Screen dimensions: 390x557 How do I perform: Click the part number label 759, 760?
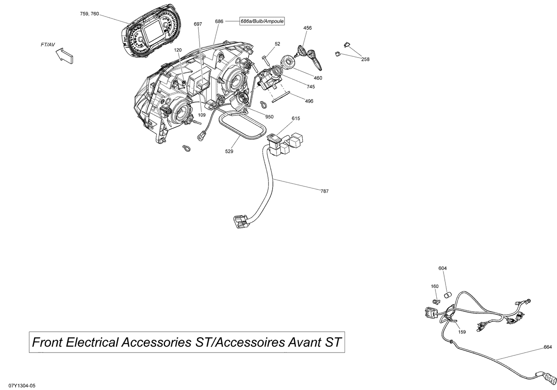coord(89,14)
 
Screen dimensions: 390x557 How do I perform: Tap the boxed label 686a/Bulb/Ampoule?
coord(262,22)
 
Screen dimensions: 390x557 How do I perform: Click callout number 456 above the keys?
coord(307,28)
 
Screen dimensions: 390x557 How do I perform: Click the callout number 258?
coord(365,59)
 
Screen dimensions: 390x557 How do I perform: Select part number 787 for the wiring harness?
coord(324,191)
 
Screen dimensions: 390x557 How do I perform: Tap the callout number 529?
coord(229,151)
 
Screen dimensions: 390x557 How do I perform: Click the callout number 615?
coord(296,118)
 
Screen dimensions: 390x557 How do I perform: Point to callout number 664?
coord(547,347)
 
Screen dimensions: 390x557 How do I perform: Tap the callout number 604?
coord(442,268)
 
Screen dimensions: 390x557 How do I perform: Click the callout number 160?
coord(434,286)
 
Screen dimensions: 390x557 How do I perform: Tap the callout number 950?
coord(269,117)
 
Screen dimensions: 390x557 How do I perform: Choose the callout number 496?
coord(309,101)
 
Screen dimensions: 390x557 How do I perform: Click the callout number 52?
coord(277,44)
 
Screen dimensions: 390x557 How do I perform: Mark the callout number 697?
coord(198,24)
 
